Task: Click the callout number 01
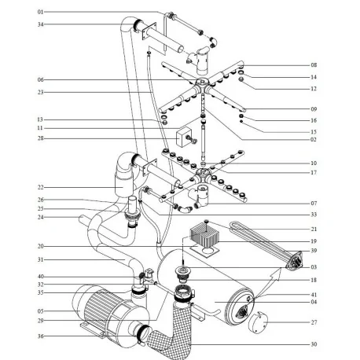point(41,13)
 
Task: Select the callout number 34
point(41,24)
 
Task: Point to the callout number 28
point(41,138)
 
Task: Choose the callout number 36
point(41,336)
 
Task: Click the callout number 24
point(41,217)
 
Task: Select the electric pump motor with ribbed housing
point(106,314)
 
